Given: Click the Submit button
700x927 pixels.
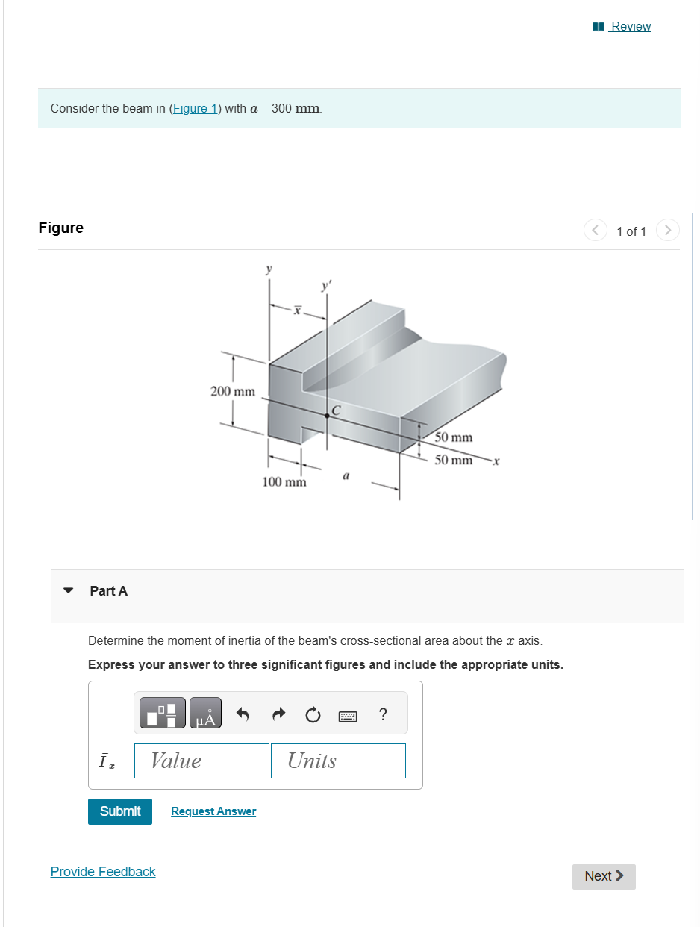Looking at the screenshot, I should click(120, 811).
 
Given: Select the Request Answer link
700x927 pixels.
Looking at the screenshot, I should click(213, 811).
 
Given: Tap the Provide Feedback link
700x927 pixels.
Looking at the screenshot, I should click(103, 872).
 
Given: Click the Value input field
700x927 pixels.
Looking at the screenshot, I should click(201, 761).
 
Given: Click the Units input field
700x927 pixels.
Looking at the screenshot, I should click(338, 761).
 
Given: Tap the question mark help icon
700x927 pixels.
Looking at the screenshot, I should click(383, 714).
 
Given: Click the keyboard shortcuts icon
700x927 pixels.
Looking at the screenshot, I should click(348, 716).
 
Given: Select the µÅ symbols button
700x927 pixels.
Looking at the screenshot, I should click(205, 714).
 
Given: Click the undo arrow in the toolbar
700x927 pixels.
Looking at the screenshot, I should click(243, 714).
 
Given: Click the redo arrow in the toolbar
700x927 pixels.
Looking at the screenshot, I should click(278, 714).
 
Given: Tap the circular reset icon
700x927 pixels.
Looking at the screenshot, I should click(313, 714).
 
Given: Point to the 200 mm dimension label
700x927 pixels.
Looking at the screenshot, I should click(233, 391).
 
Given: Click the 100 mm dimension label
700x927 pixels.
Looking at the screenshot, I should click(284, 482).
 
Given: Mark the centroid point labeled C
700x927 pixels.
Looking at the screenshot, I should click(327, 416).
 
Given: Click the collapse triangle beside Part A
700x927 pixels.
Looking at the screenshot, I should click(69, 590).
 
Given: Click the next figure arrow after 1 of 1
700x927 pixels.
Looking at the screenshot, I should click(668, 231).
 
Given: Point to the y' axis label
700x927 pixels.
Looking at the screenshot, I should click(325, 286).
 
